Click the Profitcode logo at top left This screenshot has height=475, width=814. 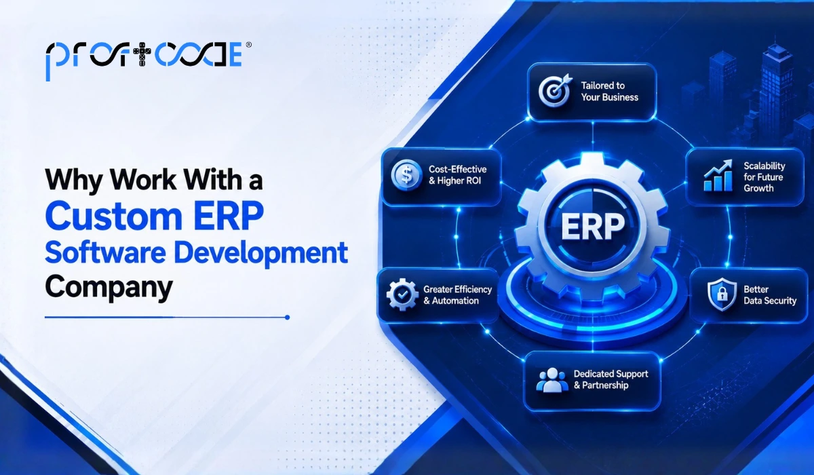[x=144, y=59]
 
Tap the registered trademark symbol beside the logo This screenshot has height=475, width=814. [x=248, y=45]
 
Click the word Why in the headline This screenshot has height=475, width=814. [x=74, y=180]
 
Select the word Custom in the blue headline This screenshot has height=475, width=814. [x=113, y=216]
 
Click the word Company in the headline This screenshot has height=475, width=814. [x=109, y=288]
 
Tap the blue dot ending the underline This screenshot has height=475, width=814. [x=287, y=318]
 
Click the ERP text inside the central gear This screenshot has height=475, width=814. [x=593, y=227]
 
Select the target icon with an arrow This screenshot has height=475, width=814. [x=555, y=90]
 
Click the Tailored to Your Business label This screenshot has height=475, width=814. [x=609, y=91]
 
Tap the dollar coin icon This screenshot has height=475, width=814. [x=406, y=175]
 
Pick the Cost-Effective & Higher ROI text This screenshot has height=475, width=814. [x=457, y=175]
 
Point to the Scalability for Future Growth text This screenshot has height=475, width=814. [x=764, y=177]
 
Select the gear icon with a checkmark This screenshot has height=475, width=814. [x=402, y=294]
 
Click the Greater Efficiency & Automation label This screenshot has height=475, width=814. [x=457, y=295]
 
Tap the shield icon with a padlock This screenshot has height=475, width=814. [x=722, y=294]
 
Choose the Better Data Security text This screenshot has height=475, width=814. [x=770, y=295]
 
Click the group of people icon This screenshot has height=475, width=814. [x=552, y=380]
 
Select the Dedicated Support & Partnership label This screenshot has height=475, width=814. [x=610, y=379]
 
